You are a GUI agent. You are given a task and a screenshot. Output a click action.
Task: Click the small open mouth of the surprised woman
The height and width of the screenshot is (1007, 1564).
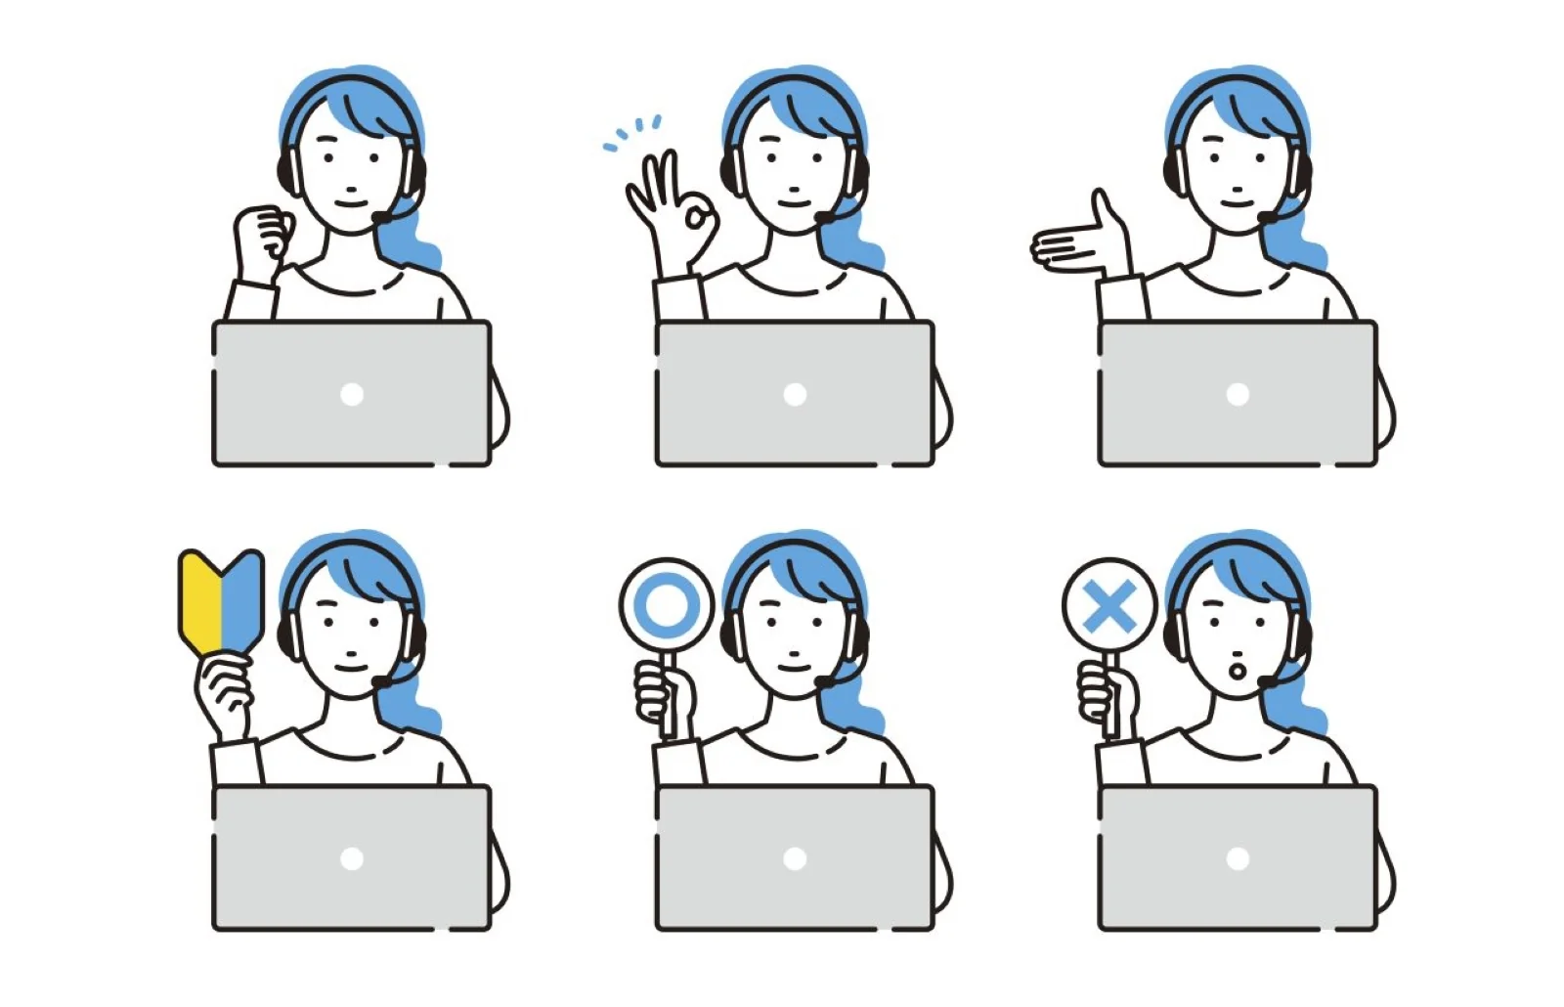tap(1237, 671)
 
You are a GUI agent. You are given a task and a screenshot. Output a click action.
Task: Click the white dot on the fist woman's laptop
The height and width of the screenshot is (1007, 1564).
tap(352, 395)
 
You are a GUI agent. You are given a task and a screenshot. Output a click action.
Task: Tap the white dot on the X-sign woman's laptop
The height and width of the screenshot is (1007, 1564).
tap(1238, 858)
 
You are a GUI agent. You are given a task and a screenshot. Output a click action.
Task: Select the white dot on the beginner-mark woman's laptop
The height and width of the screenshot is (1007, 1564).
tap(352, 858)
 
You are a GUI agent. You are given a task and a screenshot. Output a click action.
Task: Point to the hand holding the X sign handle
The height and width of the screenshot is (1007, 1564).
tap(1105, 696)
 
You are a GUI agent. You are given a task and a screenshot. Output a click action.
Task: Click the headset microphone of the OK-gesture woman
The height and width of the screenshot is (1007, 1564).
tap(826, 217)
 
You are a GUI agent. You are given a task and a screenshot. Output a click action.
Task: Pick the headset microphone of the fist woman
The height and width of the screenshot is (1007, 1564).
tap(382, 217)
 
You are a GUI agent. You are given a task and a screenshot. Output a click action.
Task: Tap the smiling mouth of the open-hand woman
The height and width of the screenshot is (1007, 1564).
tap(1236, 203)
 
